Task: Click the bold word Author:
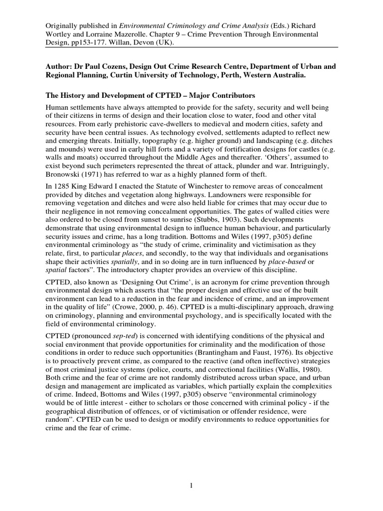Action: (60, 66)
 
